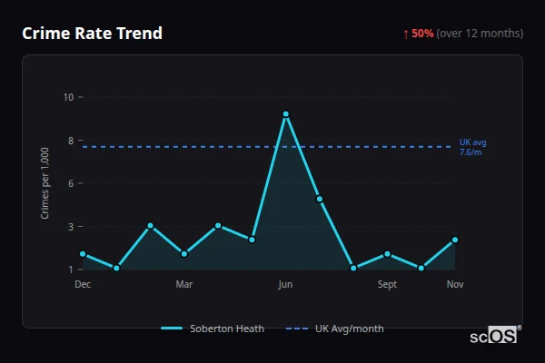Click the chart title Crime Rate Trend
point(92,34)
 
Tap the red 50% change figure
point(422,34)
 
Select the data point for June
point(285,114)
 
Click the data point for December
point(83,254)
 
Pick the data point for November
point(455,240)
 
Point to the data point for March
point(184,254)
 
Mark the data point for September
point(387,254)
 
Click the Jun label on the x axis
point(285,284)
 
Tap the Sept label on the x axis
point(387,284)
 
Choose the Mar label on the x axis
point(184,284)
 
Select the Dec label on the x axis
point(83,284)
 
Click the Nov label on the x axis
point(455,284)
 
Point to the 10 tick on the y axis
point(68,97)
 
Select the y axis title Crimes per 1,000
point(45,183)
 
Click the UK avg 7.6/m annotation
point(472,147)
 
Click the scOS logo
point(493,336)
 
